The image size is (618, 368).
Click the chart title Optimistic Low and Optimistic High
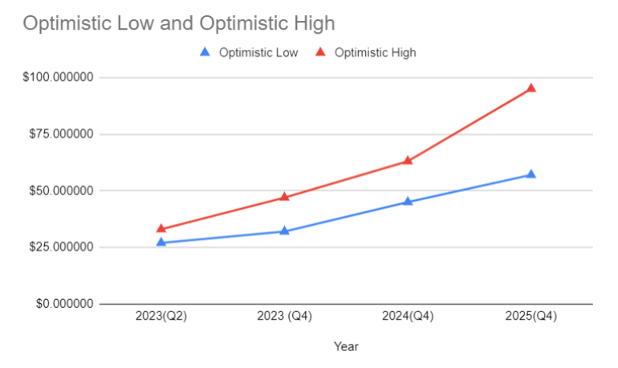click(x=178, y=23)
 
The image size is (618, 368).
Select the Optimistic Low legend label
click(x=258, y=53)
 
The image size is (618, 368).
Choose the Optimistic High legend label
click(x=375, y=53)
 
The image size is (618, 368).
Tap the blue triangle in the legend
click(x=205, y=52)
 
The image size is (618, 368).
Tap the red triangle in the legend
click(x=320, y=52)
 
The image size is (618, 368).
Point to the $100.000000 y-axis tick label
click(x=59, y=77)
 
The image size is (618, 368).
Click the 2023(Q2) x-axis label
click(x=161, y=317)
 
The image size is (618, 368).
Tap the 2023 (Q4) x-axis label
click(x=284, y=317)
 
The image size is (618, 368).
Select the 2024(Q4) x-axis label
click(x=408, y=317)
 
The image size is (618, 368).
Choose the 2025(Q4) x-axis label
click(x=531, y=317)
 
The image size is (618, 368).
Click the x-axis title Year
click(x=347, y=347)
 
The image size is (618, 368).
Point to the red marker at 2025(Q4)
click(x=531, y=88)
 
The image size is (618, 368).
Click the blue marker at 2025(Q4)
click(x=531, y=174)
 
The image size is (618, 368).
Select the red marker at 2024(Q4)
click(x=408, y=161)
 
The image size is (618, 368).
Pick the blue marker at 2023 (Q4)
click(x=284, y=231)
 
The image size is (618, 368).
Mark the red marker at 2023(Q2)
click(x=161, y=229)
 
